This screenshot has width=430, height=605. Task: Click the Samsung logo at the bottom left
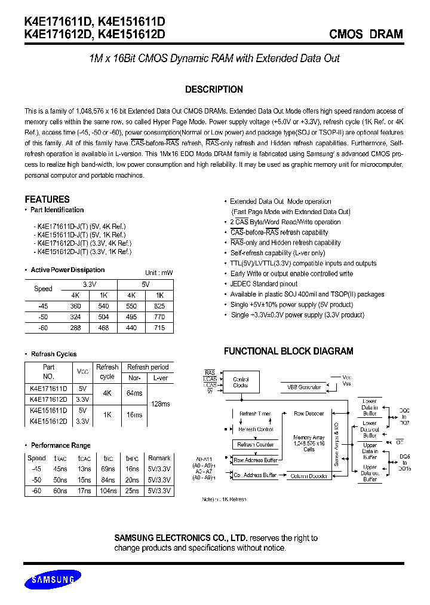click(x=53, y=579)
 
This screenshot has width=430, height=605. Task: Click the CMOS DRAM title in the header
click(x=366, y=34)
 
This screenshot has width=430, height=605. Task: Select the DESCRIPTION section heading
click(x=214, y=90)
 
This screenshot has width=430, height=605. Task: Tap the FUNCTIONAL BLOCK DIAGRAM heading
click(x=288, y=352)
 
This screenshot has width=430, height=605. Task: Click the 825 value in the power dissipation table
click(x=159, y=305)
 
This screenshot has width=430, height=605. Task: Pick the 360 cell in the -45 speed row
click(x=76, y=305)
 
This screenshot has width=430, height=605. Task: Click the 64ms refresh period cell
click(x=134, y=393)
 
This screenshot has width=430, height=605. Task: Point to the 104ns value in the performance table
click(x=107, y=490)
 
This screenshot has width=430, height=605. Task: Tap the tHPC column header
click(x=133, y=458)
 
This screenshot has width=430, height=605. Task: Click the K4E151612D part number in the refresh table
click(x=48, y=421)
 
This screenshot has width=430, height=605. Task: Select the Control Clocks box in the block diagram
click(x=241, y=382)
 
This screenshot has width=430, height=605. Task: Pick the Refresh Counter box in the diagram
click(x=255, y=444)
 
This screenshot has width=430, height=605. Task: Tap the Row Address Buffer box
click(x=255, y=460)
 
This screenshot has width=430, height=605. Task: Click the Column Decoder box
click(x=309, y=476)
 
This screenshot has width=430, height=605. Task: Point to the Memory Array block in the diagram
click(x=308, y=443)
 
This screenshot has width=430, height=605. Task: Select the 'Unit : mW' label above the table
click(x=159, y=273)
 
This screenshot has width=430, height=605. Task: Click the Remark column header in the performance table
click(x=159, y=458)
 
